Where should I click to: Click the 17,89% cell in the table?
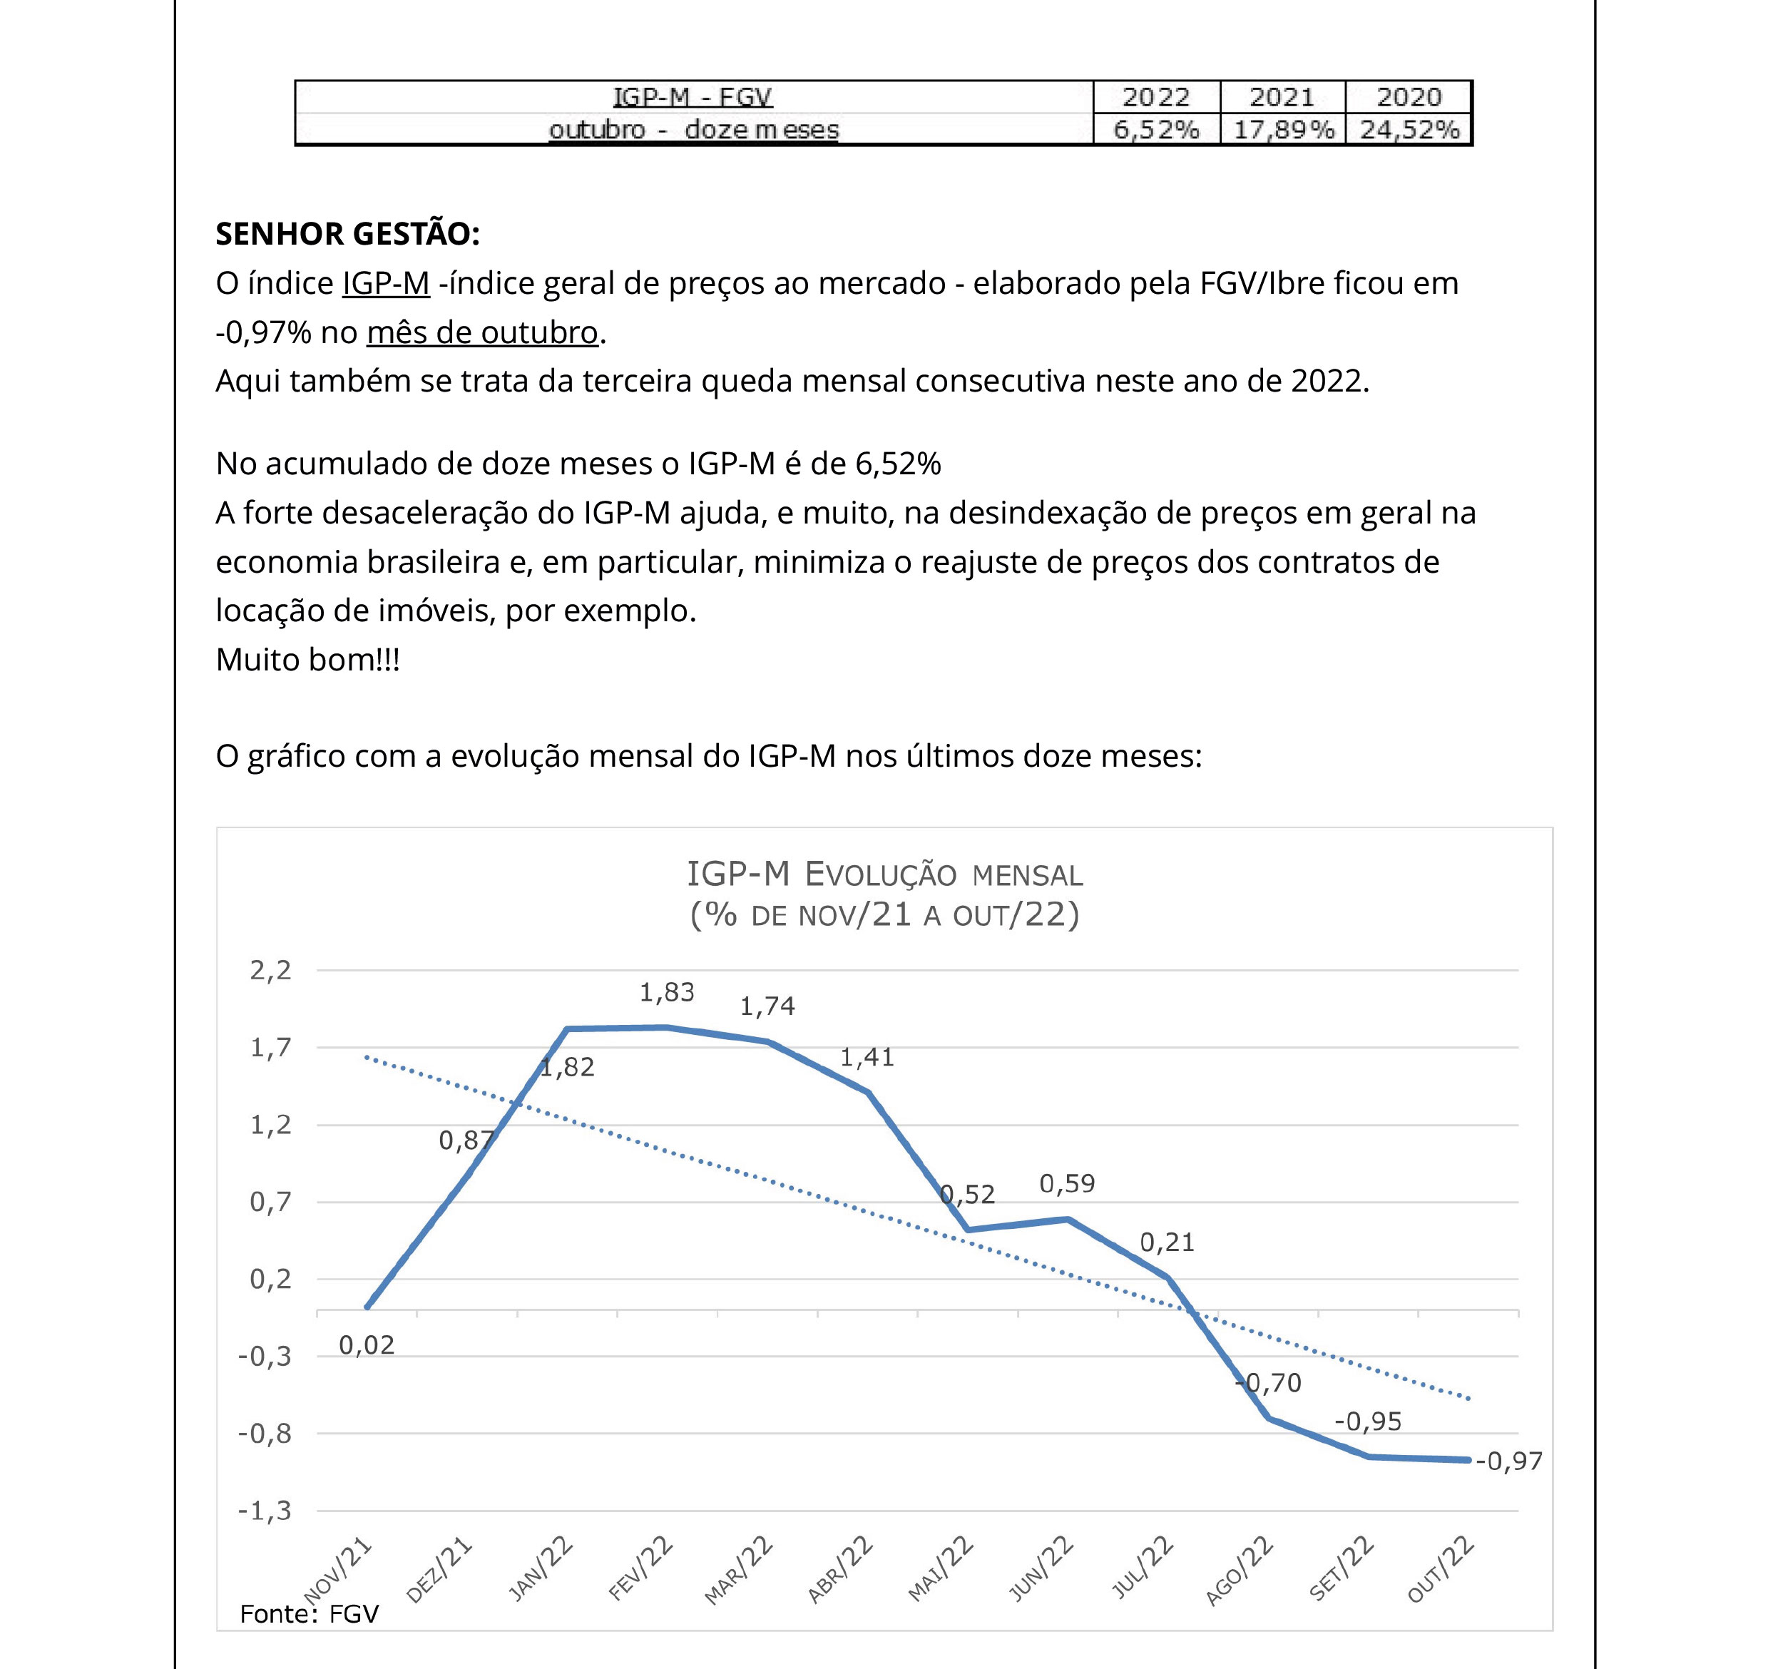(1282, 130)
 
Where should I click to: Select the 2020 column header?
(1409, 97)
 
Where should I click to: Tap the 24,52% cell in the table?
(1409, 130)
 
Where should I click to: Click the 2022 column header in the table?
(1156, 97)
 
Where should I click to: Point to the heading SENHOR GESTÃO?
(347, 234)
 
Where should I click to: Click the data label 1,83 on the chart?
(666, 992)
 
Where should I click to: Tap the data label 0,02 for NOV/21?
(367, 1345)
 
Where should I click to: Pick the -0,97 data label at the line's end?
(1508, 1461)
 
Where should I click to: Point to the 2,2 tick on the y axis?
(270, 970)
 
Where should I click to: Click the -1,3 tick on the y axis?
(265, 1510)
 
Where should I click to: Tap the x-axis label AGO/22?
(1240, 1571)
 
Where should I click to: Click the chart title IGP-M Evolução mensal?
(884, 874)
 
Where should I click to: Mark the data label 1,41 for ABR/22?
(867, 1057)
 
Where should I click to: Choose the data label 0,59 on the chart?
(1067, 1183)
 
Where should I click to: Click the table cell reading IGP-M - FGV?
(693, 97)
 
